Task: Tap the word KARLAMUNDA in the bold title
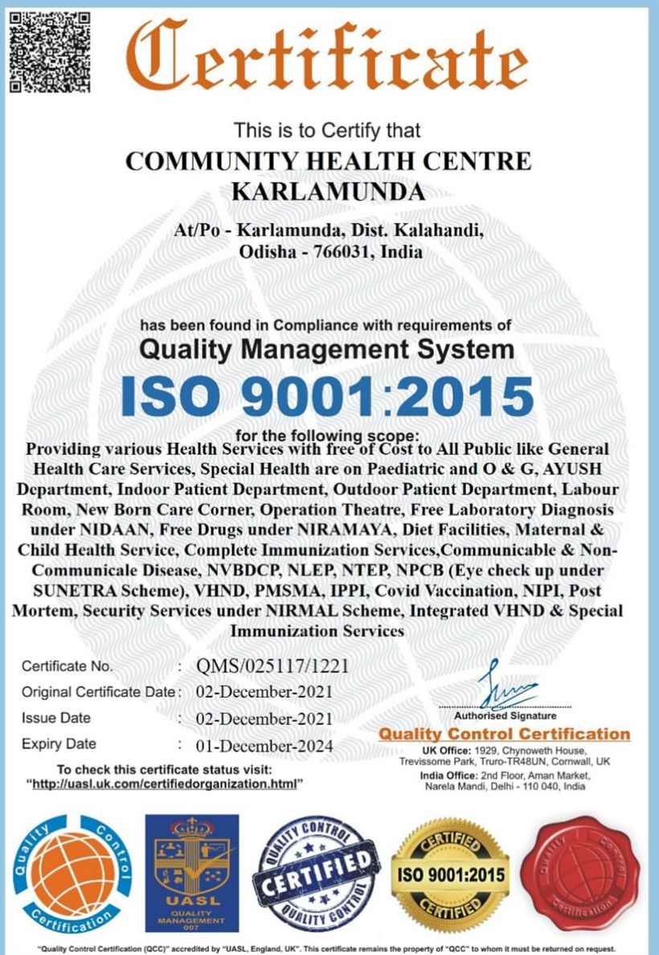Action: pos(328,192)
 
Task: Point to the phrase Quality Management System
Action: pos(327,349)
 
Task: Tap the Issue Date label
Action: pos(55,718)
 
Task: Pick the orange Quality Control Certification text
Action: pos(505,733)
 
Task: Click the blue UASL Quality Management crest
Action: pos(191,870)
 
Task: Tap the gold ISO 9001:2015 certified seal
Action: pos(450,873)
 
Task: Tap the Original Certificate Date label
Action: pos(96,692)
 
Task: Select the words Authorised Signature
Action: pos(505,715)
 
